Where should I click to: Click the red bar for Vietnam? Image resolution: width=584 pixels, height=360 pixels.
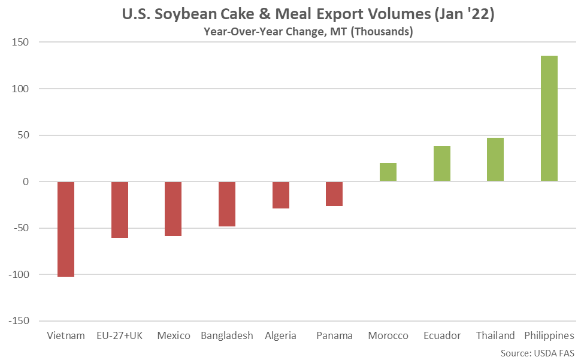coord(66,229)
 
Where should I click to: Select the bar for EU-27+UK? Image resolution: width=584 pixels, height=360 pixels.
coord(120,210)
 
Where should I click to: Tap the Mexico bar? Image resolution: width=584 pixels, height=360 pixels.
coord(173,208)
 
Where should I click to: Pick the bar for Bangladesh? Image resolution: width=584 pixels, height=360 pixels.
coord(227,204)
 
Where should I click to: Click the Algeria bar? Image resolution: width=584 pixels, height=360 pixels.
coord(281,195)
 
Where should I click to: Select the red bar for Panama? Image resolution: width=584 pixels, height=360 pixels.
coord(334,194)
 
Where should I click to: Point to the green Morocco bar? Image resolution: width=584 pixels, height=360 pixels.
coord(388,172)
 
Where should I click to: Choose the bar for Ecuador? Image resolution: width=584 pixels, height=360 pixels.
coord(442,164)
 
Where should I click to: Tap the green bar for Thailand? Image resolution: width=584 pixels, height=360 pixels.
coord(495,159)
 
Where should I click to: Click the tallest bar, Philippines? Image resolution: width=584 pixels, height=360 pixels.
coord(549,119)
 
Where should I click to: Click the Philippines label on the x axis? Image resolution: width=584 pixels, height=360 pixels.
coord(549,335)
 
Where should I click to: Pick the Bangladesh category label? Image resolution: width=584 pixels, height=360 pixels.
coord(227,335)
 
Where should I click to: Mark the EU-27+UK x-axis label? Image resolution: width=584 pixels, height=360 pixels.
coord(120,335)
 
